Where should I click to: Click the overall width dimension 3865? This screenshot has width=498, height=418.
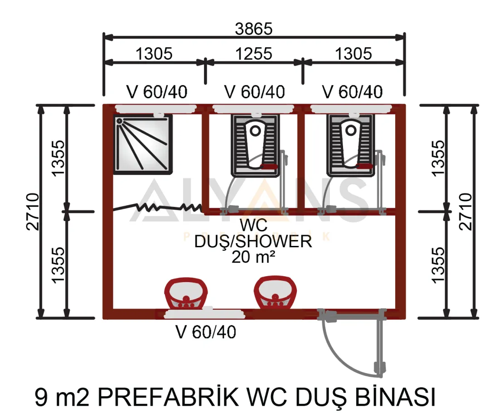254,29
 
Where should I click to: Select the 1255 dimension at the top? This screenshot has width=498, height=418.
254,53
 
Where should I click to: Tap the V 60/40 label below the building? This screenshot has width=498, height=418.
206,333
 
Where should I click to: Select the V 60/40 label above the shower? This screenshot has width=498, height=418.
157,92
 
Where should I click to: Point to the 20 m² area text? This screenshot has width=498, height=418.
253,257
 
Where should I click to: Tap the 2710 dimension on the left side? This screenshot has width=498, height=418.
33,211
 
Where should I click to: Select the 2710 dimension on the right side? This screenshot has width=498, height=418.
465,211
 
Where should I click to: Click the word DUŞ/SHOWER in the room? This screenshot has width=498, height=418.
253,241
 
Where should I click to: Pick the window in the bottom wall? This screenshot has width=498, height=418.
190,313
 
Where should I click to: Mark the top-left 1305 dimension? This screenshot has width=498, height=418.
155,53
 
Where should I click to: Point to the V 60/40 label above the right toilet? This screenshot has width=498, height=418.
352,92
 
